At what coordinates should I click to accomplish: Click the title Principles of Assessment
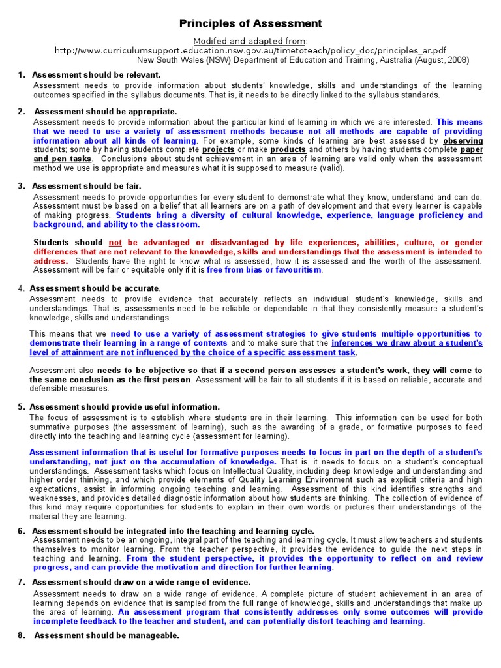(250, 24)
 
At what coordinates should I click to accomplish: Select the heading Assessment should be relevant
(96, 75)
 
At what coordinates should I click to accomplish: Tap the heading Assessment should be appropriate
(106, 112)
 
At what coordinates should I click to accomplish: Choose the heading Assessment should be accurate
(95, 288)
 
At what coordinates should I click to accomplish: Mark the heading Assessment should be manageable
(106, 635)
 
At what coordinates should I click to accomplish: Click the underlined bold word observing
(463, 140)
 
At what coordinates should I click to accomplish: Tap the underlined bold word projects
(219, 149)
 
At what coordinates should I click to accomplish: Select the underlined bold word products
(288, 149)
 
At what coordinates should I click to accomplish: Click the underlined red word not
(115, 242)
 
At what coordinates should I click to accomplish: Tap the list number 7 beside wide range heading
(21, 582)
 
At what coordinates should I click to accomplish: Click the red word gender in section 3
(468, 242)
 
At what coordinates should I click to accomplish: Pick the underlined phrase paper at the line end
(472, 149)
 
